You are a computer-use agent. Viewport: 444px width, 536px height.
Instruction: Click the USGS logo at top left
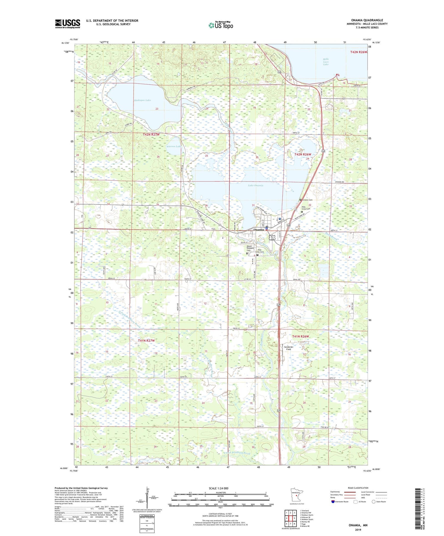click(67, 24)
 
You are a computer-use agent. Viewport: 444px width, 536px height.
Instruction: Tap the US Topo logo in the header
click(221, 25)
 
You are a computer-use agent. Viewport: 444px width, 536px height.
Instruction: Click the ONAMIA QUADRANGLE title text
click(367, 20)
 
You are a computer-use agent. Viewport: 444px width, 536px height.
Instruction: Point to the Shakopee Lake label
click(142, 100)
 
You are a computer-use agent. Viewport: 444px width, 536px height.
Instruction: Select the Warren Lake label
click(173, 146)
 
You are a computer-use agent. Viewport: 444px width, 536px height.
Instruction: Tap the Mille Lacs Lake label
click(326, 61)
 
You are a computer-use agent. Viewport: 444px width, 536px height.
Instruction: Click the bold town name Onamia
click(258, 230)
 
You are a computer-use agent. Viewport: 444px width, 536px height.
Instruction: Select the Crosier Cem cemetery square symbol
click(300, 200)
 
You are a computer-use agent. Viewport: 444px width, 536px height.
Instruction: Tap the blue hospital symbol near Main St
click(280, 219)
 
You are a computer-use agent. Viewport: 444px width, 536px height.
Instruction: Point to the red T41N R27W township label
click(146, 341)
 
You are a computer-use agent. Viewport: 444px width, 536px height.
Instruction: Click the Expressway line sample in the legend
click(349, 492)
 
